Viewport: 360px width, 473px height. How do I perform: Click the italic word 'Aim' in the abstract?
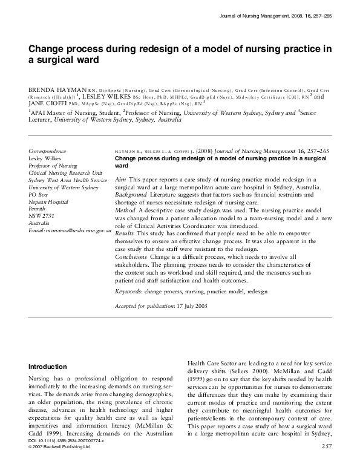click(120, 180)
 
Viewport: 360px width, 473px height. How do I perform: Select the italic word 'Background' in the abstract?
click(130, 195)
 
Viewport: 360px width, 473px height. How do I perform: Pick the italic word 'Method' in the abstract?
click(125, 210)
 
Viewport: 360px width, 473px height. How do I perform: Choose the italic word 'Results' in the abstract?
click(125, 233)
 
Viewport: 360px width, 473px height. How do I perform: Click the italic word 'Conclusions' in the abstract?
click(131, 256)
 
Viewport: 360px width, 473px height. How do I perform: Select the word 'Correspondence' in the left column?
click(48, 151)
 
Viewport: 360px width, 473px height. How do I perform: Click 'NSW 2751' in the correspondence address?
click(41, 215)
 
